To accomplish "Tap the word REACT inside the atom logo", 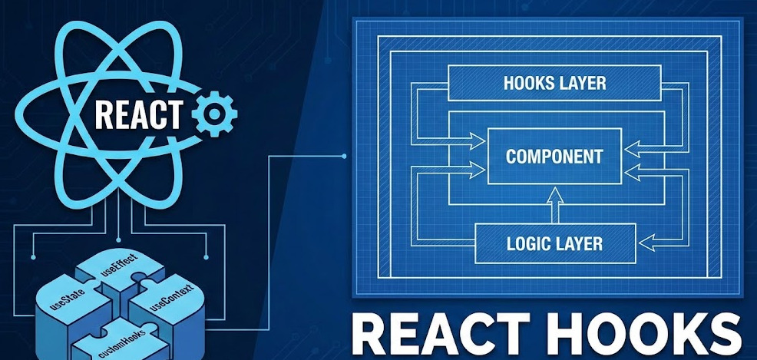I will click(139, 115).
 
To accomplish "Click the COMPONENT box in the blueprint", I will click(554, 157).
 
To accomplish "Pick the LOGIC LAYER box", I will click(554, 244).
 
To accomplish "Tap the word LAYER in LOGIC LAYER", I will click(581, 244).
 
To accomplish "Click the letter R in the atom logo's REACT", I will click(103, 115).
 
